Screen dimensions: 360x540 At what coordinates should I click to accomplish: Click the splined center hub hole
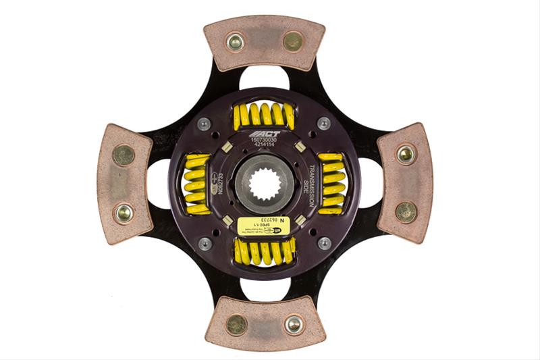(265, 184)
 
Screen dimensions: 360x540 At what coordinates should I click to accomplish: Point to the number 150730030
(264, 140)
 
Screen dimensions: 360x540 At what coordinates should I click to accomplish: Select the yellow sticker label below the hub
(265, 226)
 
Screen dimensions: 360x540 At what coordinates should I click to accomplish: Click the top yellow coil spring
(264, 115)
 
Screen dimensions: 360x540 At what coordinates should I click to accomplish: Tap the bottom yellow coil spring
(264, 251)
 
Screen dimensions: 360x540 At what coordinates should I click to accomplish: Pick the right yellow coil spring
(331, 183)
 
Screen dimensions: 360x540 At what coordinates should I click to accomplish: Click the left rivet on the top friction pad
(235, 42)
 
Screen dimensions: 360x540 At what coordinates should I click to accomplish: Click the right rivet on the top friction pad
(293, 41)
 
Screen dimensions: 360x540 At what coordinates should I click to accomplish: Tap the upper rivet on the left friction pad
(123, 155)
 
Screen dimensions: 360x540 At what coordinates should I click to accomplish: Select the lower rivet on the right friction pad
(406, 212)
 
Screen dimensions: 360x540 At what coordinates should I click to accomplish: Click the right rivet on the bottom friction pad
(294, 325)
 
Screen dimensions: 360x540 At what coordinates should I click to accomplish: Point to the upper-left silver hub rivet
(204, 124)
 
